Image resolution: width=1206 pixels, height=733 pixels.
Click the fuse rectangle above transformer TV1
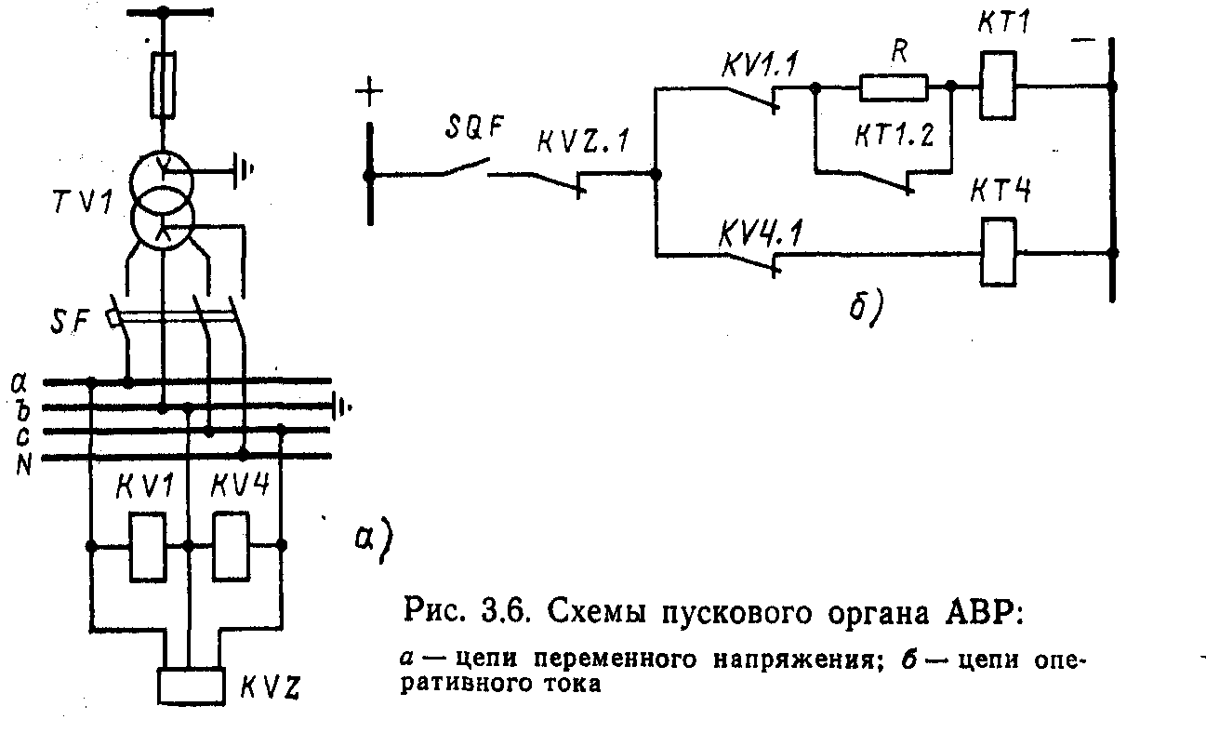pyautogui.click(x=164, y=86)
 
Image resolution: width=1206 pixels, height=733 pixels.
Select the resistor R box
pyautogui.click(x=893, y=88)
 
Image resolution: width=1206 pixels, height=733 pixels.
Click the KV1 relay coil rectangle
pyautogui.click(x=144, y=547)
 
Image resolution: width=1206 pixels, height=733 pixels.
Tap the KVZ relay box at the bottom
pyautogui.click(x=191, y=686)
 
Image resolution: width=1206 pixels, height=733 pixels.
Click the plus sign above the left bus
pyautogui.click(x=369, y=93)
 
